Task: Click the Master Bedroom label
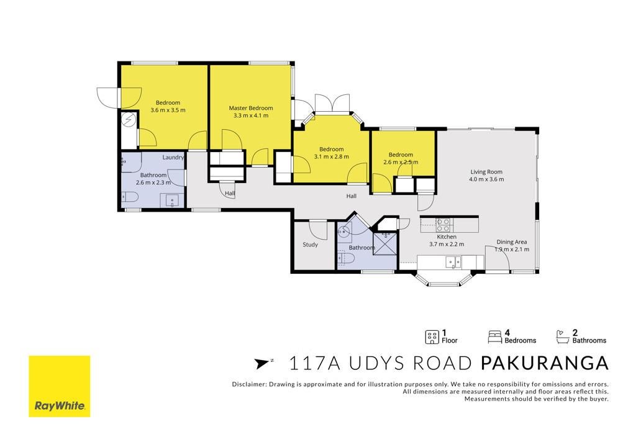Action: coord(251,108)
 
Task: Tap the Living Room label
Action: coord(486,172)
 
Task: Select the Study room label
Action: coord(311,245)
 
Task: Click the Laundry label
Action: coord(173,157)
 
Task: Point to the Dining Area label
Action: coord(512,242)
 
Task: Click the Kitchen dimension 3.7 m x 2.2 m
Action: coord(447,244)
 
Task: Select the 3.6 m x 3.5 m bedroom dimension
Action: coord(168,110)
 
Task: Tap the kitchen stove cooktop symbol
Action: coord(443,225)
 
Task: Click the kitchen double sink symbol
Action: coord(453,262)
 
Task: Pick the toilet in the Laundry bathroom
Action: coord(130,197)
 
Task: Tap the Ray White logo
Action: coord(59,386)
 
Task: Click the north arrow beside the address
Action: coord(263,363)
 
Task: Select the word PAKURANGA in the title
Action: coord(544,363)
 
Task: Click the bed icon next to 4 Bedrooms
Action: coord(495,337)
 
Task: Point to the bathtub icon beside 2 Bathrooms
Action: coord(563,337)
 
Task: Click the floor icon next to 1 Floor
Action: coord(432,337)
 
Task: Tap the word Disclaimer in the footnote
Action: coord(248,384)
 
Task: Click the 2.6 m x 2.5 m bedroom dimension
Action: coord(401,162)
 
